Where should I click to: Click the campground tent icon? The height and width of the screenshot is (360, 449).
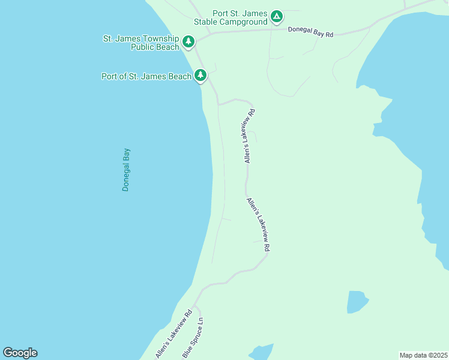coord(276,17)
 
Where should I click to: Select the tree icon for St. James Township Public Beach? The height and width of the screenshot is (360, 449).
coord(189,41)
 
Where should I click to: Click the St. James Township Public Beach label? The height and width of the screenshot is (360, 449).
coord(141,43)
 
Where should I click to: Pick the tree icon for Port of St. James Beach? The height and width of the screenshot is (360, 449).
coord(200,76)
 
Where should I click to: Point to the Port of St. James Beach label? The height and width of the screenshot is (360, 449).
coord(146,76)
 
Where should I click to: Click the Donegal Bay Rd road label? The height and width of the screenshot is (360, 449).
coord(310,32)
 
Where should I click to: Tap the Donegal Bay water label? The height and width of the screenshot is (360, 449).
coord(126,170)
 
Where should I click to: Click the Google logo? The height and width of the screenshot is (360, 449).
coord(20,353)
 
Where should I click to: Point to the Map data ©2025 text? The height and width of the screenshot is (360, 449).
coord(424,355)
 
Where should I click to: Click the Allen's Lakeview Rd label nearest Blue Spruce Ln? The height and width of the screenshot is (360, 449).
coord(173,334)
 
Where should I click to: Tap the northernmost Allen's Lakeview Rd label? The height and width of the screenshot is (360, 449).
coord(249,136)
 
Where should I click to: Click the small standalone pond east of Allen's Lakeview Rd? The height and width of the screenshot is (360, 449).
coord(356,302)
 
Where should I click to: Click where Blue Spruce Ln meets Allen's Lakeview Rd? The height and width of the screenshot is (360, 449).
coord(193,307)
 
